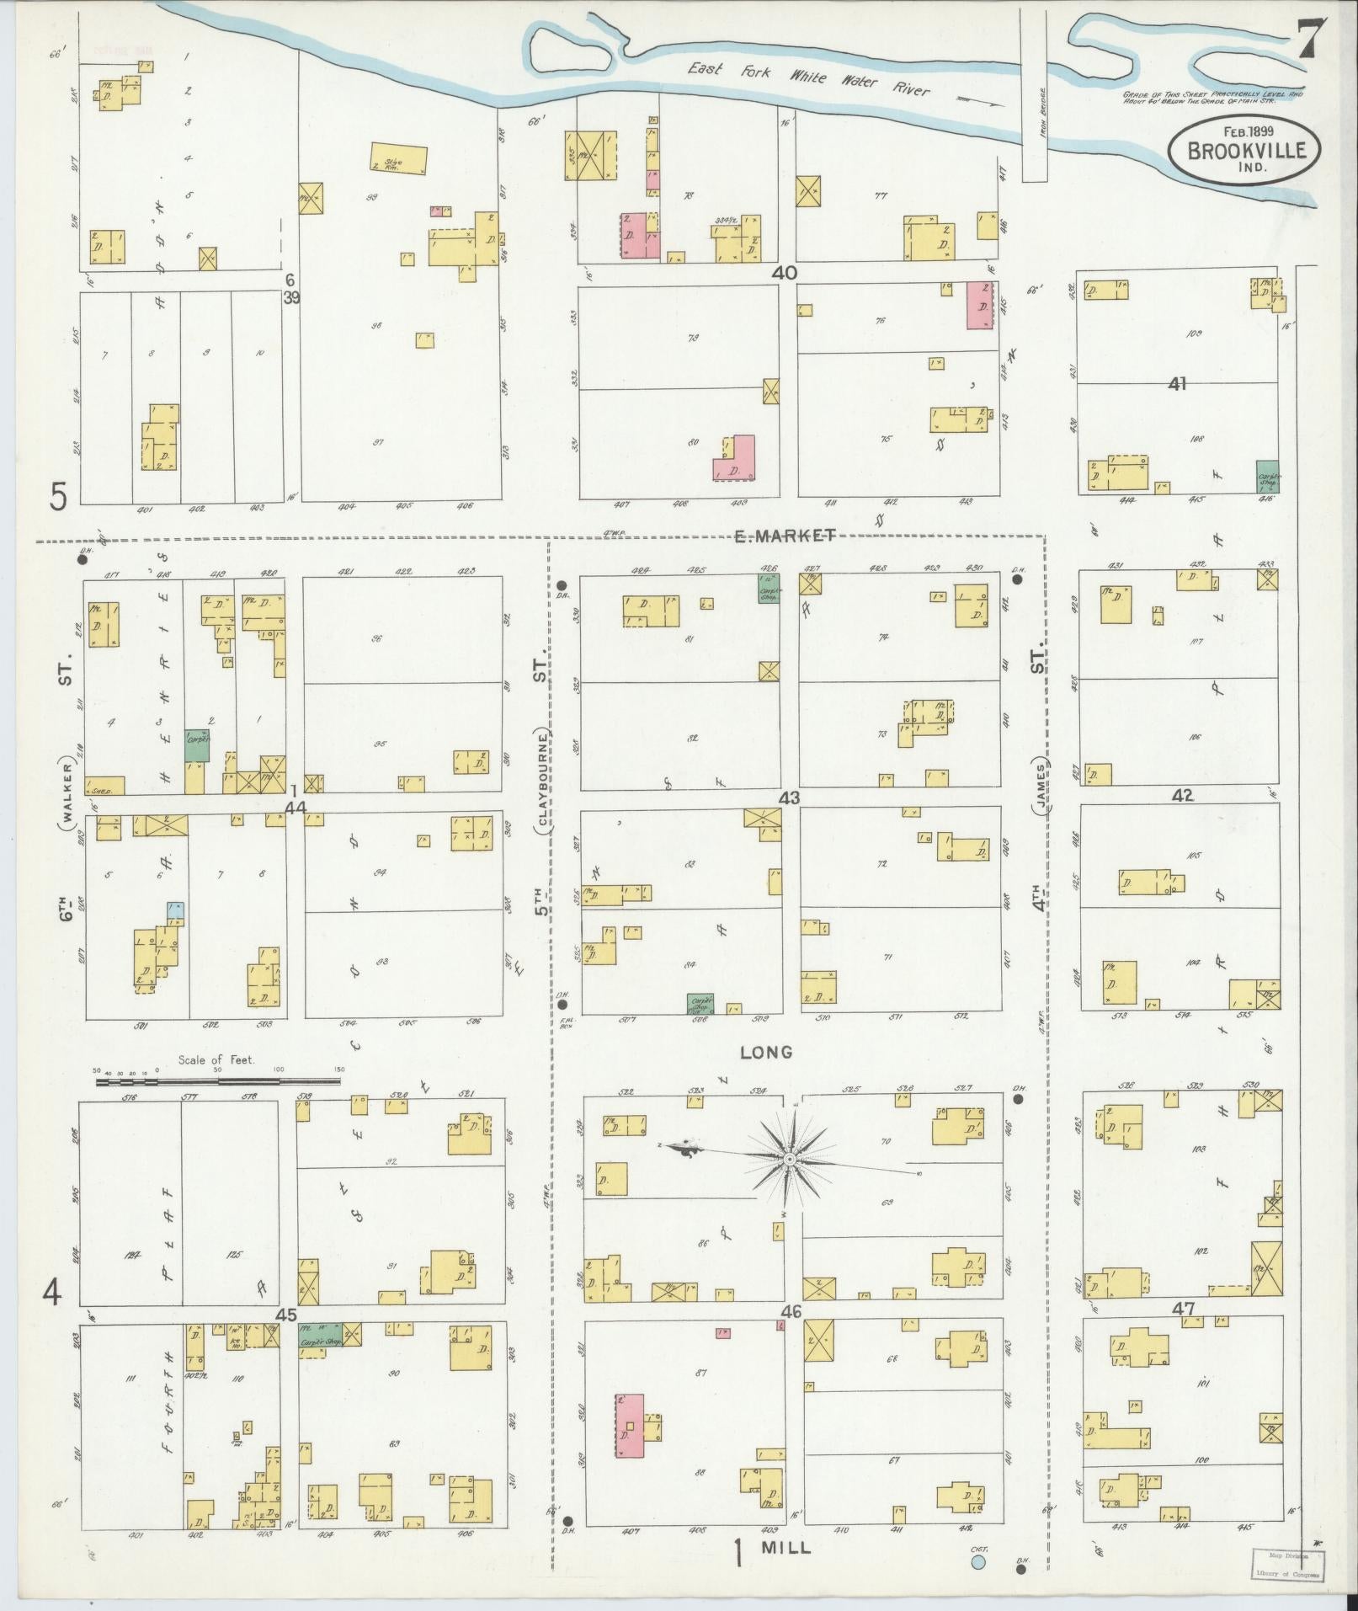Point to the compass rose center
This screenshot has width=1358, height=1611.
pyautogui.click(x=790, y=1160)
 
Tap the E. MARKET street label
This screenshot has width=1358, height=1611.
pyautogui.click(x=784, y=536)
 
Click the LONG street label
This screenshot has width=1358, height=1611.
pyautogui.click(x=766, y=1052)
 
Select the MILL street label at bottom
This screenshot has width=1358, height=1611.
pyautogui.click(x=785, y=1548)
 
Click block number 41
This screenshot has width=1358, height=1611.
pyautogui.click(x=1177, y=384)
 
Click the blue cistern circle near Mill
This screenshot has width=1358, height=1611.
pyautogui.click(x=978, y=1563)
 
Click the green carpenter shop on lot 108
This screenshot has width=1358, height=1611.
pyautogui.click(x=1268, y=477)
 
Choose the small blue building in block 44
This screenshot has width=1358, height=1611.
pyautogui.click(x=175, y=910)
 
